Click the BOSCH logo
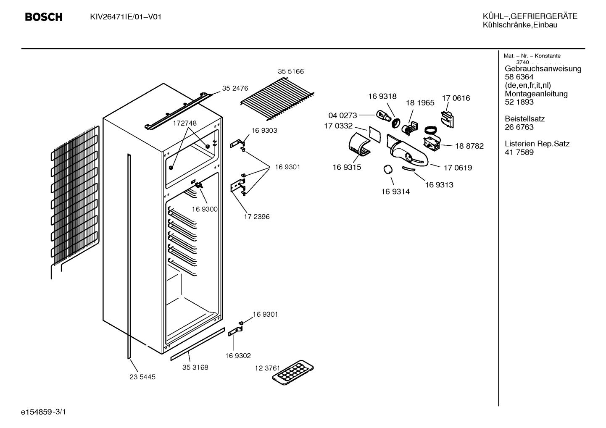(x=44, y=17)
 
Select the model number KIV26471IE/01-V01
(x=126, y=17)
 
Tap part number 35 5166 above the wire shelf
(x=291, y=71)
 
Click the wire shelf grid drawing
(x=277, y=99)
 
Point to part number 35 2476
(x=235, y=88)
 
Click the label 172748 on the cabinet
(x=185, y=123)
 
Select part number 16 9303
(x=264, y=131)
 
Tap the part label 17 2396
(x=257, y=217)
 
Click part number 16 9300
(x=205, y=209)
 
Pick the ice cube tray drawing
(x=293, y=372)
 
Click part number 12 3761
(x=268, y=368)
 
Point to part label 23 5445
(x=142, y=377)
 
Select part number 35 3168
(x=195, y=368)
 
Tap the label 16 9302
(x=238, y=356)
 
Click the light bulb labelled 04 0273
(x=383, y=116)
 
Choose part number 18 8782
(x=469, y=146)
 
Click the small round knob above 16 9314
(x=388, y=169)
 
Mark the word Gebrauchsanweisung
(x=543, y=69)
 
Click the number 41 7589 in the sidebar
(x=519, y=152)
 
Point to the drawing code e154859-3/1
(x=44, y=412)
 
